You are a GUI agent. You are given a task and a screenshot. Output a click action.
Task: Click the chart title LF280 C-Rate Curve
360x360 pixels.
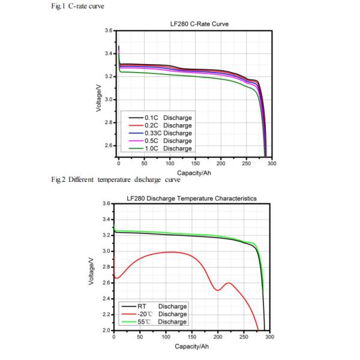tap(199, 24)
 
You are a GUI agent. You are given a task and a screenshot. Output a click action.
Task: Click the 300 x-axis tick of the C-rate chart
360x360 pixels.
tap(272, 163)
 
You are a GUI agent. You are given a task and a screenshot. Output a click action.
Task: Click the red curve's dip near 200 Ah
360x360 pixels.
tap(217, 290)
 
